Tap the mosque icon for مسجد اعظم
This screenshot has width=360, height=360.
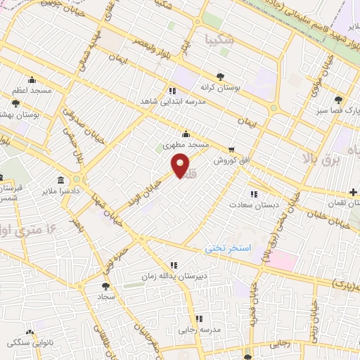point(32,79)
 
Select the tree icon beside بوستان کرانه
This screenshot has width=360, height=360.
point(221,76)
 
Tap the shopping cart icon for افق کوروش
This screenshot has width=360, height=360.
point(231,149)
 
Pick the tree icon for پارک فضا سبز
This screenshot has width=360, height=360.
point(339,100)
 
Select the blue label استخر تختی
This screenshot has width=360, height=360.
point(228,248)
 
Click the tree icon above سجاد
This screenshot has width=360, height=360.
point(105,285)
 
